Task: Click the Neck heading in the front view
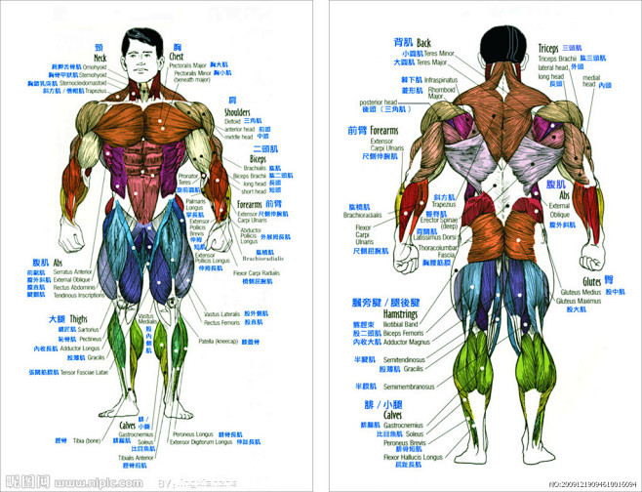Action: pyautogui.click(x=100, y=58)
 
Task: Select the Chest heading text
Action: pyautogui.click(x=177, y=57)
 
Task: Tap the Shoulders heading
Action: pyautogui.click(x=237, y=112)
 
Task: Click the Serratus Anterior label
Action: pyautogui.click(x=74, y=271)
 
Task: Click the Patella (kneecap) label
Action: pyautogui.click(x=221, y=342)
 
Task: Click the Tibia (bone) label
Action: pyautogui.click(x=87, y=440)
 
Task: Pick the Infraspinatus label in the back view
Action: pyautogui.click(x=440, y=79)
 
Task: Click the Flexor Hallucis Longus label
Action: pyautogui.click(x=413, y=457)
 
